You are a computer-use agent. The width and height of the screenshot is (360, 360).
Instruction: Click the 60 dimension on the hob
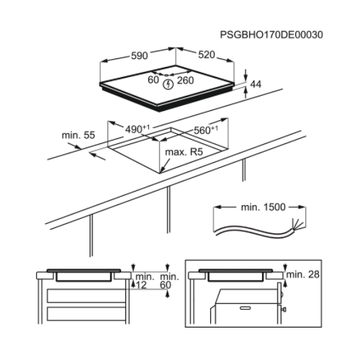[153, 81]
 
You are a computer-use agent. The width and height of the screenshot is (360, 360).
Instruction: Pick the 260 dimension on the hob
[186, 81]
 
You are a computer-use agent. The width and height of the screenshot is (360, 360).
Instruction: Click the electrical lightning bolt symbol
[169, 84]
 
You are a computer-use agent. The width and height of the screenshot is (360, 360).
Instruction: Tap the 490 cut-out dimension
[138, 130]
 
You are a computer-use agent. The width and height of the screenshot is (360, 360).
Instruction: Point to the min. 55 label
[78, 135]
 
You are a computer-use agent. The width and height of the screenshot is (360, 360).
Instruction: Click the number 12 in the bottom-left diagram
[143, 286]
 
